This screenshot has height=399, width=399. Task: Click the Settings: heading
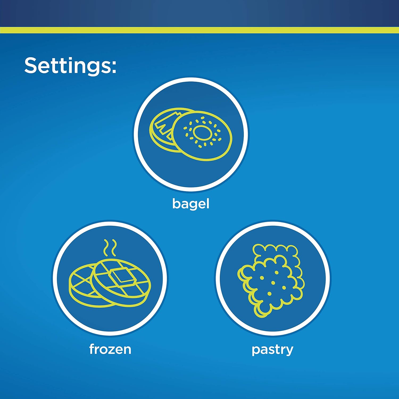[x=70, y=65]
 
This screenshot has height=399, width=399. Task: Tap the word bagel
[x=191, y=204]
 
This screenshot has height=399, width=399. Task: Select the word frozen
[x=110, y=349]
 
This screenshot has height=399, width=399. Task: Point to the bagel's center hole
[x=202, y=132]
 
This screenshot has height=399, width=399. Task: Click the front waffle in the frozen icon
[x=121, y=282]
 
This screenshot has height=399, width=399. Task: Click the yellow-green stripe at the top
[x=199, y=30]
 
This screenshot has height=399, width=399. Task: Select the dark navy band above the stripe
[x=199, y=13]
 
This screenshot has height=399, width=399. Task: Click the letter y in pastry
[x=289, y=351]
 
